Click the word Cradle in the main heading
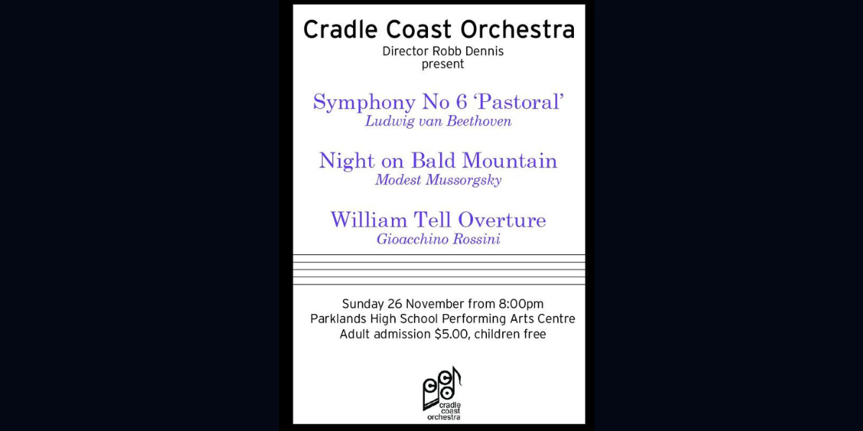tap(341, 29)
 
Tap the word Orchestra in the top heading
tap(518, 29)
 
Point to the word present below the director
tap(443, 64)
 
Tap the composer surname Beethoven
tap(479, 121)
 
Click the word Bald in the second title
tap(434, 160)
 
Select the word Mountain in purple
tap(510, 160)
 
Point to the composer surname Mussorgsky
tap(463, 180)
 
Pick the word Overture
tap(502, 220)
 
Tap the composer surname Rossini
tap(477, 239)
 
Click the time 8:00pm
tap(521, 304)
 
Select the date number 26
tap(395, 304)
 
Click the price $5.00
tap(452, 334)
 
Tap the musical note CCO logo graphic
tap(442, 392)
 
